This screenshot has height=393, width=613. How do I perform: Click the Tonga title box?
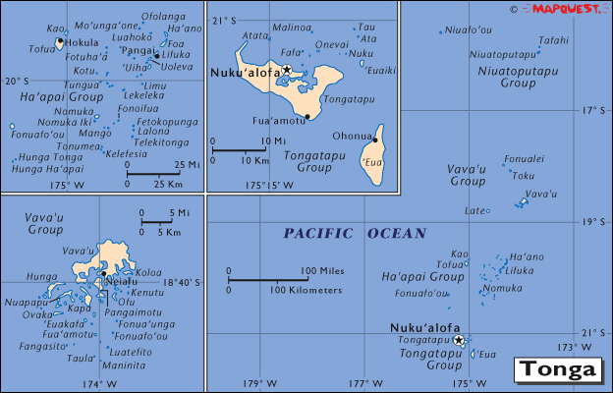[x=558, y=370]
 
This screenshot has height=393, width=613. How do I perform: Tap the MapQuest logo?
[x=567, y=9]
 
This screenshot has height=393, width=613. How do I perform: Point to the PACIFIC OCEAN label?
[x=355, y=234]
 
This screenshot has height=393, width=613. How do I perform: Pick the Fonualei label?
[x=524, y=158]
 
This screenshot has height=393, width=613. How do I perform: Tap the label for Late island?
[x=474, y=210]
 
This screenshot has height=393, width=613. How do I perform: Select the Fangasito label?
[x=38, y=346]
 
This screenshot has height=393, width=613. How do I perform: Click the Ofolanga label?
[x=163, y=17]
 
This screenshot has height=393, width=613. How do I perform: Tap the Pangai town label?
[x=138, y=50]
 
